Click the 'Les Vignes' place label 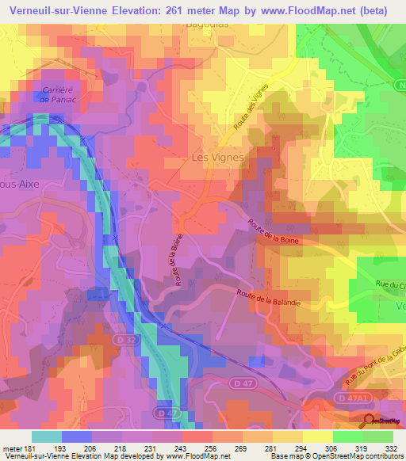217,158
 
